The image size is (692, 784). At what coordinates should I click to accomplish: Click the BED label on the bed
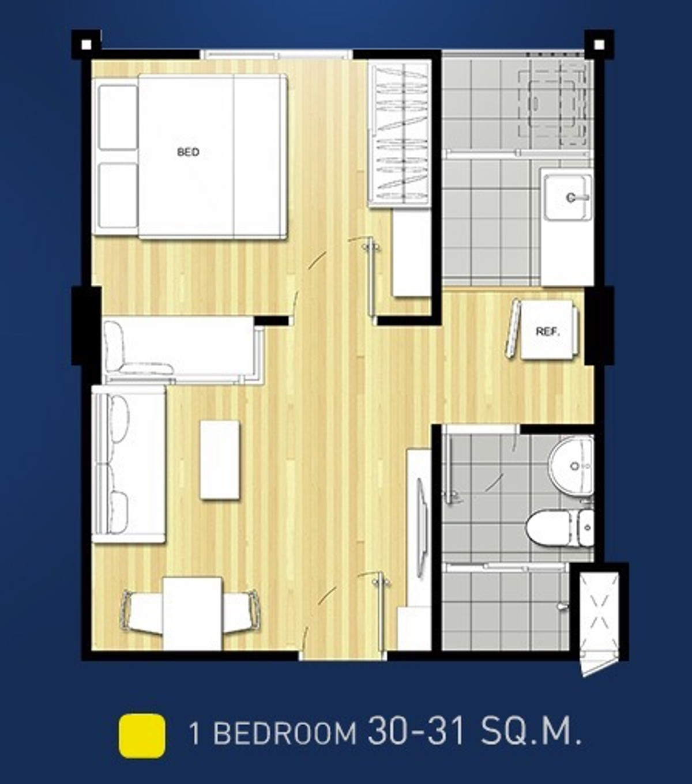188,152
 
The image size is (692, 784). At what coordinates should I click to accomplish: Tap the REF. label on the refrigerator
548,331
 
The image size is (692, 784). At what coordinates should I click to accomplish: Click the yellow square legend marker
142,736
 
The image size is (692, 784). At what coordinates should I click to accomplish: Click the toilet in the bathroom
559,528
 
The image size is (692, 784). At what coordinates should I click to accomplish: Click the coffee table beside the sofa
220,459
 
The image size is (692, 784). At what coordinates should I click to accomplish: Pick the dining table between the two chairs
193,613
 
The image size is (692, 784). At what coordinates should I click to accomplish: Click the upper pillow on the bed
118,118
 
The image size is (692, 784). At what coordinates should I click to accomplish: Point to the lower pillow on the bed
118,196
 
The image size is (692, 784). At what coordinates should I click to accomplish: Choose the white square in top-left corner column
86,45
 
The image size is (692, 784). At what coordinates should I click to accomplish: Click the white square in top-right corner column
599,45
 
